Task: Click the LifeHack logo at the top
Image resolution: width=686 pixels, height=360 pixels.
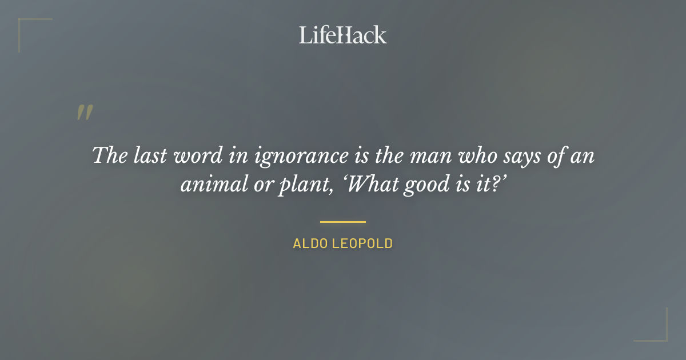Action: click(x=343, y=35)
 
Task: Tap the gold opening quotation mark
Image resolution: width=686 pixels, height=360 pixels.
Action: click(x=84, y=113)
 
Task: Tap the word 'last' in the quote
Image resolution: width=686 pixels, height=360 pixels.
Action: click(x=145, y=155)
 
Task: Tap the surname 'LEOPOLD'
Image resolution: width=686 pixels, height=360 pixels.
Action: click(x=362, y=243)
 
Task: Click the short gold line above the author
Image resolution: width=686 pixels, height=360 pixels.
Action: click(x=343, y=222)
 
